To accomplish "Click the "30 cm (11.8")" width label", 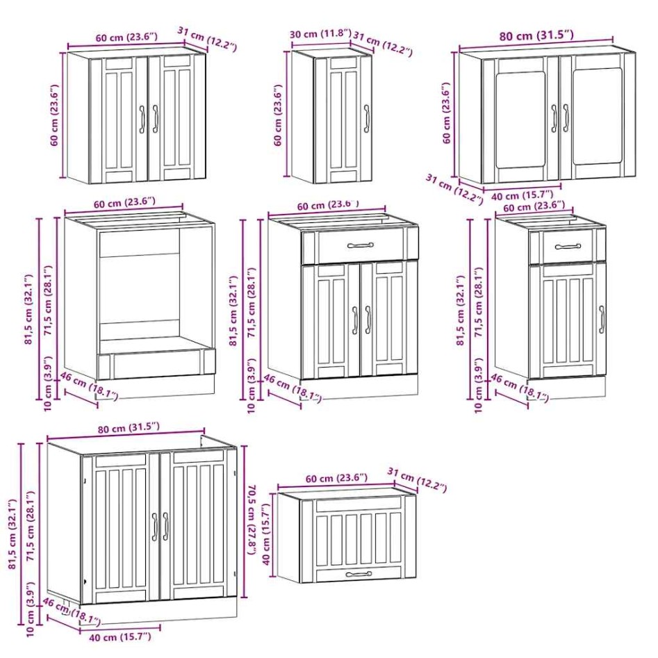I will click(320, 34).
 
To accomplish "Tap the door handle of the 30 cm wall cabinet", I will click(365, 117).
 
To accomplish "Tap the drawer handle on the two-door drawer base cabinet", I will click(360, 245).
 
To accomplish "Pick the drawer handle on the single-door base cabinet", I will click(568, 247).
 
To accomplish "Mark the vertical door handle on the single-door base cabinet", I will click(601, 319).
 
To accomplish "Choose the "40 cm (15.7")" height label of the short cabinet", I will click(266, 535).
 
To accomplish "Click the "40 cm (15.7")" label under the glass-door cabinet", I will click(521, 195).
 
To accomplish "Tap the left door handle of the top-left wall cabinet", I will click(142, 119).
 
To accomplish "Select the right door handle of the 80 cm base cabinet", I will click(166, 526).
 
